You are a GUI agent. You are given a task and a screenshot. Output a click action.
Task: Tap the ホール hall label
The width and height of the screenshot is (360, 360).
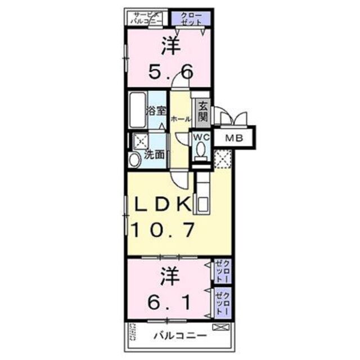tap(179, 119)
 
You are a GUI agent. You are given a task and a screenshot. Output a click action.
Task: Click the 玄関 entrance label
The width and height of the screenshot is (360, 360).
tap(202, 111)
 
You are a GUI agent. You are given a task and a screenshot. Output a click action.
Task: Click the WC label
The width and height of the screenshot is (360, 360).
tap(202, 137)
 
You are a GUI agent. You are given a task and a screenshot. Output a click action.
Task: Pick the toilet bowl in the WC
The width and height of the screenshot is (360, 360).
tap(201, 150)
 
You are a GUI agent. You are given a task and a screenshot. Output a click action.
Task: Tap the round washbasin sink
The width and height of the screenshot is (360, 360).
tap(134, 160)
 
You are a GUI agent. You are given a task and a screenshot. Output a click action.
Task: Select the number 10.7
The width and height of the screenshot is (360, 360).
tap(163, 229)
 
